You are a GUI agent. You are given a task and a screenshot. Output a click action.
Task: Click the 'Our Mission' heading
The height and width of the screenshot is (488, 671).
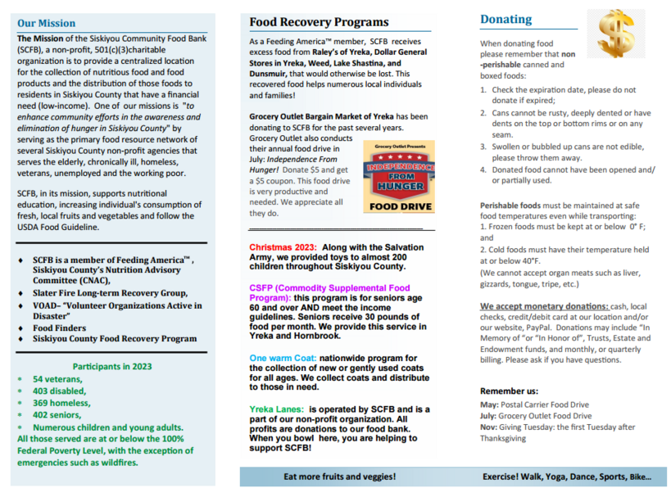click(x=46, y=23)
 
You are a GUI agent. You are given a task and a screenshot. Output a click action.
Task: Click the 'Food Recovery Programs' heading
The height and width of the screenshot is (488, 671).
click(x=319, y=22)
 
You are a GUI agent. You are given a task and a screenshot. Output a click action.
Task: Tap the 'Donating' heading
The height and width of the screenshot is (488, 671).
click(x=506, y=20)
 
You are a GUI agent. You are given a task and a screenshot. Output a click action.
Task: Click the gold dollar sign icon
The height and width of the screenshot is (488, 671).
click(x=615, y=34)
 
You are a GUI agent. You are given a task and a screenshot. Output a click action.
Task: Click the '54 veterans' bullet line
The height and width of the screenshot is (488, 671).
click(x=57, y=379)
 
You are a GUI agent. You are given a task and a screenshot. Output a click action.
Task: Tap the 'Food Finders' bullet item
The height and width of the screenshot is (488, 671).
click(x=61, y=328)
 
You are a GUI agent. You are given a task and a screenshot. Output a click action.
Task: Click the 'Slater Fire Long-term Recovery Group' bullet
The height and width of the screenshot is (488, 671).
click(x=110, y=293)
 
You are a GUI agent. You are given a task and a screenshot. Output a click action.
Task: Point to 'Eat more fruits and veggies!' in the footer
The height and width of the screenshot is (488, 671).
click(x=339, y=477)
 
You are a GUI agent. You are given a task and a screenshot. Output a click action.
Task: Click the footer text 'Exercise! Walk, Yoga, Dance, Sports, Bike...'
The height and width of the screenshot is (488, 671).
click(x=566, y=477)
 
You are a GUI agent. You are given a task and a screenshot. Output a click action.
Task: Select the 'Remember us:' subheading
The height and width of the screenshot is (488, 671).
click(x=508, y=391)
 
